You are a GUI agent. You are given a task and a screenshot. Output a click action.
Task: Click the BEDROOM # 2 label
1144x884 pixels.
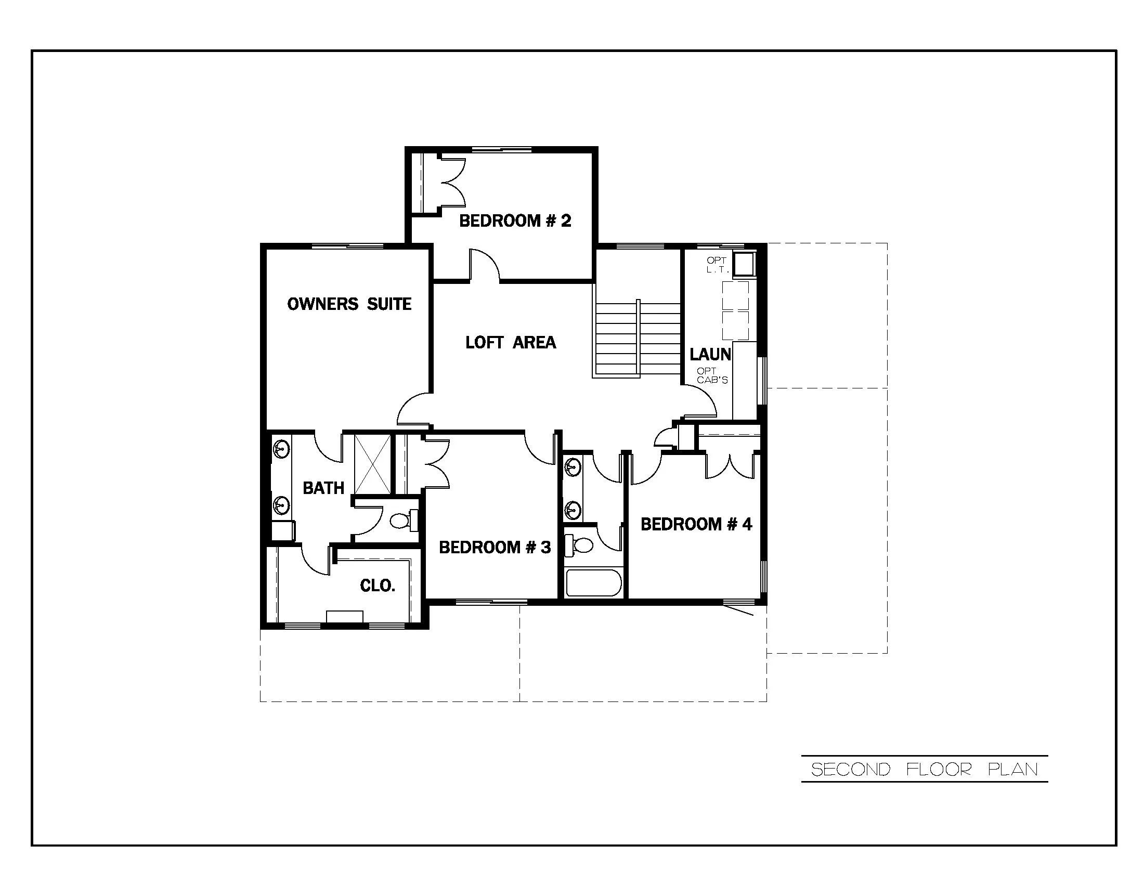click(x=515, y=221)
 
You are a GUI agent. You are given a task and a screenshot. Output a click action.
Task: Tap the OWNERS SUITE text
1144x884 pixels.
click(x=349, y=304)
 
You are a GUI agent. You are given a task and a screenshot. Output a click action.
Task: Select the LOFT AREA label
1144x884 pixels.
click(x=510, y=343)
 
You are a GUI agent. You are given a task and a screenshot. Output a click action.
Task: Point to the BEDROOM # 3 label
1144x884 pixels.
click(x=495, y=547)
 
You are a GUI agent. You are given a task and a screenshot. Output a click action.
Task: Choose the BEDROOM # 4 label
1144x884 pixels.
click(x=696, y=524)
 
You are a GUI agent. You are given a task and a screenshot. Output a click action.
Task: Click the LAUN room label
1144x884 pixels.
click(x=710, y=355)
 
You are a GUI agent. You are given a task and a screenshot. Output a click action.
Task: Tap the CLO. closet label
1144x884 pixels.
click(x=377, y=586)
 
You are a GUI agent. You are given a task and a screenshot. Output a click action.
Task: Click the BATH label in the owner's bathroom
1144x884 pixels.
click(x=323, y=488)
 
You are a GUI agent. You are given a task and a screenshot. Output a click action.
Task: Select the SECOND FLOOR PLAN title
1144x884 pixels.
click(x=924, y=769)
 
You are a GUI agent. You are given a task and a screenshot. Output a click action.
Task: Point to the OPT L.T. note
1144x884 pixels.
click(x=717, y=265)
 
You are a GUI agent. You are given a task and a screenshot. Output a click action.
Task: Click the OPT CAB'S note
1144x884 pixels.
click(x=712, y=375)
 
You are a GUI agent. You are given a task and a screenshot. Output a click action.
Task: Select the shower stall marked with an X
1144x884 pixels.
click(x=372, y=464)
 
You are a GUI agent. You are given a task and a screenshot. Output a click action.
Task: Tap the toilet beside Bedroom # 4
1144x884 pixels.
click(x=581, y=545)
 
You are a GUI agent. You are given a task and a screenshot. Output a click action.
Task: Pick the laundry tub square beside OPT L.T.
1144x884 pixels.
click(x=743, y=264)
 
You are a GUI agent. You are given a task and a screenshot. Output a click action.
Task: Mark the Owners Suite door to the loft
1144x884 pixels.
click(x=414, y=410)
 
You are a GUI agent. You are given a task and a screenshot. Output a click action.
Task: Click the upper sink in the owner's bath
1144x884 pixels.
click(x=281, y=449)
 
